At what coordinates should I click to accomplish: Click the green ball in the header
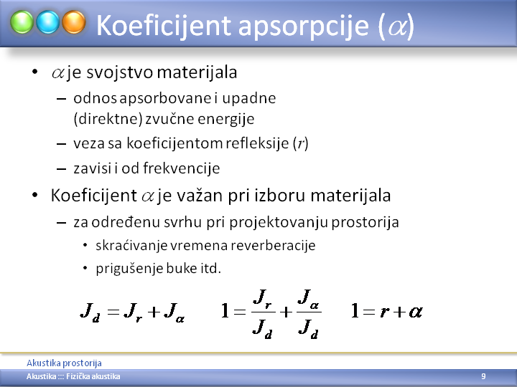pyautogui.click(x=22, y=22)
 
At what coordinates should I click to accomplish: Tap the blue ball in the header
pyautogui.click(x=48, y=22)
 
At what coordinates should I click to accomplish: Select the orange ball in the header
pyautogui.click(x=74, y=22)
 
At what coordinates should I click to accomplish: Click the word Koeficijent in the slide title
pyautogui.click(x=164, y=25)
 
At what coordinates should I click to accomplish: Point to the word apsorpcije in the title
pyautogui.click(x=303, y=26)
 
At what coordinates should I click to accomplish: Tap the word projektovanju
pyautogui.click(x=279, y=222)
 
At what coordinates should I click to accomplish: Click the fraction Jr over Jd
pyautogui.click(x=263, y=314)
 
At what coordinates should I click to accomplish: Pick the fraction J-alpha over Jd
pyautogui.click(x=309, y=314)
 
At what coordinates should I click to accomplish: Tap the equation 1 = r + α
pyautogui.click(x=387, y=311)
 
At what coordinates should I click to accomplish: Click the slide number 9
pyautogui.click(x=483, y=376)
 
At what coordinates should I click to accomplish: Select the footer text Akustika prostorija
pyautogui.click(x=64, y=363)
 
